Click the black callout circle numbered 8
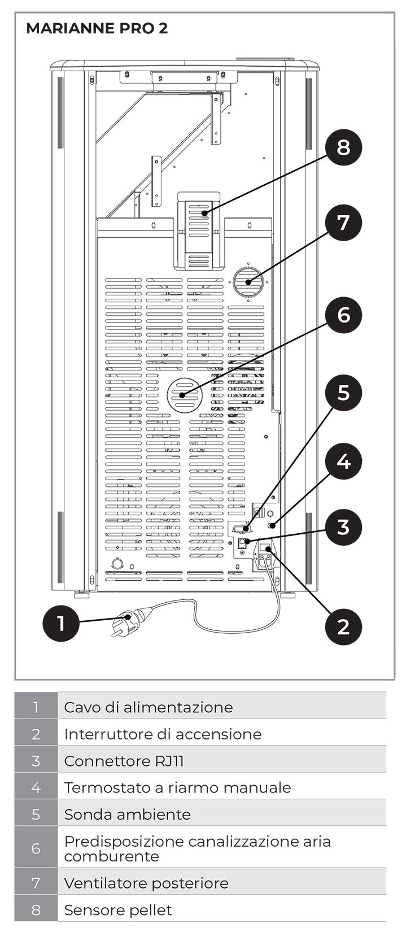pos(343,147)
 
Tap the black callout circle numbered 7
pos(343,223)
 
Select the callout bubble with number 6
pos(343,315)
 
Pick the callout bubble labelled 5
pos(343,393)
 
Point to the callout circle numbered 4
pos(343,461)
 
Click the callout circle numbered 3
pos(343,528)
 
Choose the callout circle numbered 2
pos(343,626)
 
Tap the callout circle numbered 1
pos(61,623)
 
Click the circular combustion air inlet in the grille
pos(184,394)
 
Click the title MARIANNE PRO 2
pos(97,28)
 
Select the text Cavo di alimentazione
pos(148,707)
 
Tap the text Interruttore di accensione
pos(163,734)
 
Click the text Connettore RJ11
pos(124,761)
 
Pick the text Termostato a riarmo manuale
pos(177,787)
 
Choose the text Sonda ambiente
pos(127,815)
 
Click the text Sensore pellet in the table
pos(117,910)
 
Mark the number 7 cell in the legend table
pos(36,883)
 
